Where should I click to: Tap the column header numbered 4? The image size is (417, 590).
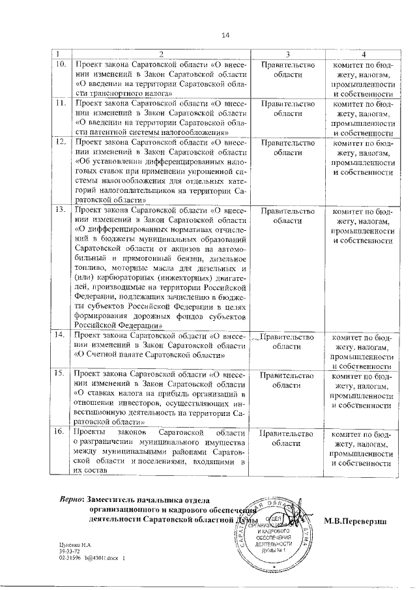[364, 53]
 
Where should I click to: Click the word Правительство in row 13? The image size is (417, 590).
[287, 211]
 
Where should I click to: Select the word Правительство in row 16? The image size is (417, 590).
[287, 434]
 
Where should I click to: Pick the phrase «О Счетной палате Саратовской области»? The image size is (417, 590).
[151, 355]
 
